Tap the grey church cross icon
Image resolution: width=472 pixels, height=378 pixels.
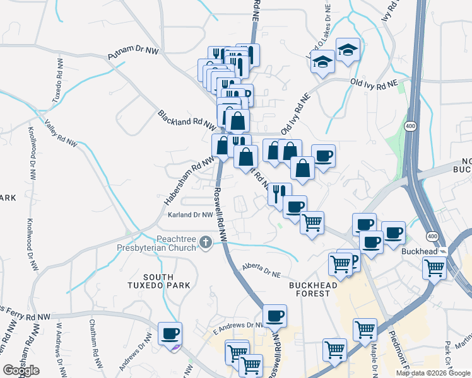[x=205, y=243]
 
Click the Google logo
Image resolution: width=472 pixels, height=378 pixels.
[x=20, y=370]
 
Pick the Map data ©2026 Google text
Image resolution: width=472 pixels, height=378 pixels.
[x=433, y=373]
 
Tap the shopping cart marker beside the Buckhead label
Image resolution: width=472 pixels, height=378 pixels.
[x=435, y=267]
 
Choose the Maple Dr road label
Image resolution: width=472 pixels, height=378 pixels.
[x=374, y=359]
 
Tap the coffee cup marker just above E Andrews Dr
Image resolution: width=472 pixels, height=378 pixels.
[x=274, y=316]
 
